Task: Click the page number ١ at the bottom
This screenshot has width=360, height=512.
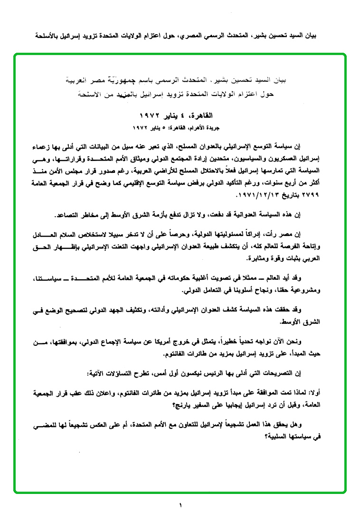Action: tap(180, 504)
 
